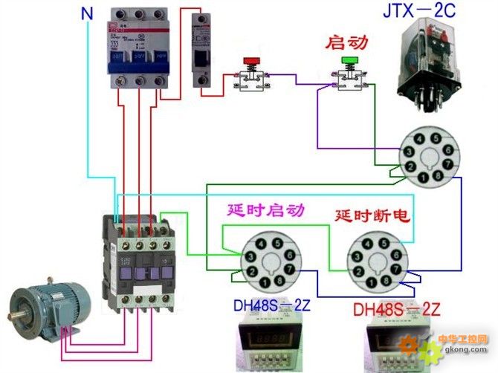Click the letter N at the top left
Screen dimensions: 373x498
pyautogui.click(x=88, y=12)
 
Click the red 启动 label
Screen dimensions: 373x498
pyautogui.click(x=347, y=42)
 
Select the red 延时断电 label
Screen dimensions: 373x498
pyautogui.click(x=372, y=215)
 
